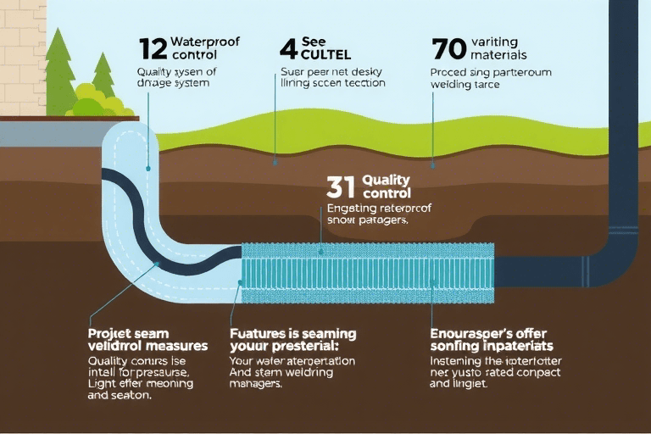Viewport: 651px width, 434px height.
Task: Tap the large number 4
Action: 288,47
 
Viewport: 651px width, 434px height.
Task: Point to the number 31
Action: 342,187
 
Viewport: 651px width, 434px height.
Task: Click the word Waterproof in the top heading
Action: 203,41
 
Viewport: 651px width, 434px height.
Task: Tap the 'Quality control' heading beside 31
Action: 386,187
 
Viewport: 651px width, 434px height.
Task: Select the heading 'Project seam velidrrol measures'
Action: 147,340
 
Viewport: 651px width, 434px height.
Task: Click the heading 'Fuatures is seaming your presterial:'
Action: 293,340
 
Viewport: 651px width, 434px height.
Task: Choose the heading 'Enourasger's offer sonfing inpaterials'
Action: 492,340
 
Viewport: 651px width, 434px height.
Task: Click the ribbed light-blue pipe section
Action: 369,273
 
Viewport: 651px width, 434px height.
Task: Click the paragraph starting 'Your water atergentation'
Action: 292,371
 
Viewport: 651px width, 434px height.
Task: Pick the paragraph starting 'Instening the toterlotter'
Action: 490,371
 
